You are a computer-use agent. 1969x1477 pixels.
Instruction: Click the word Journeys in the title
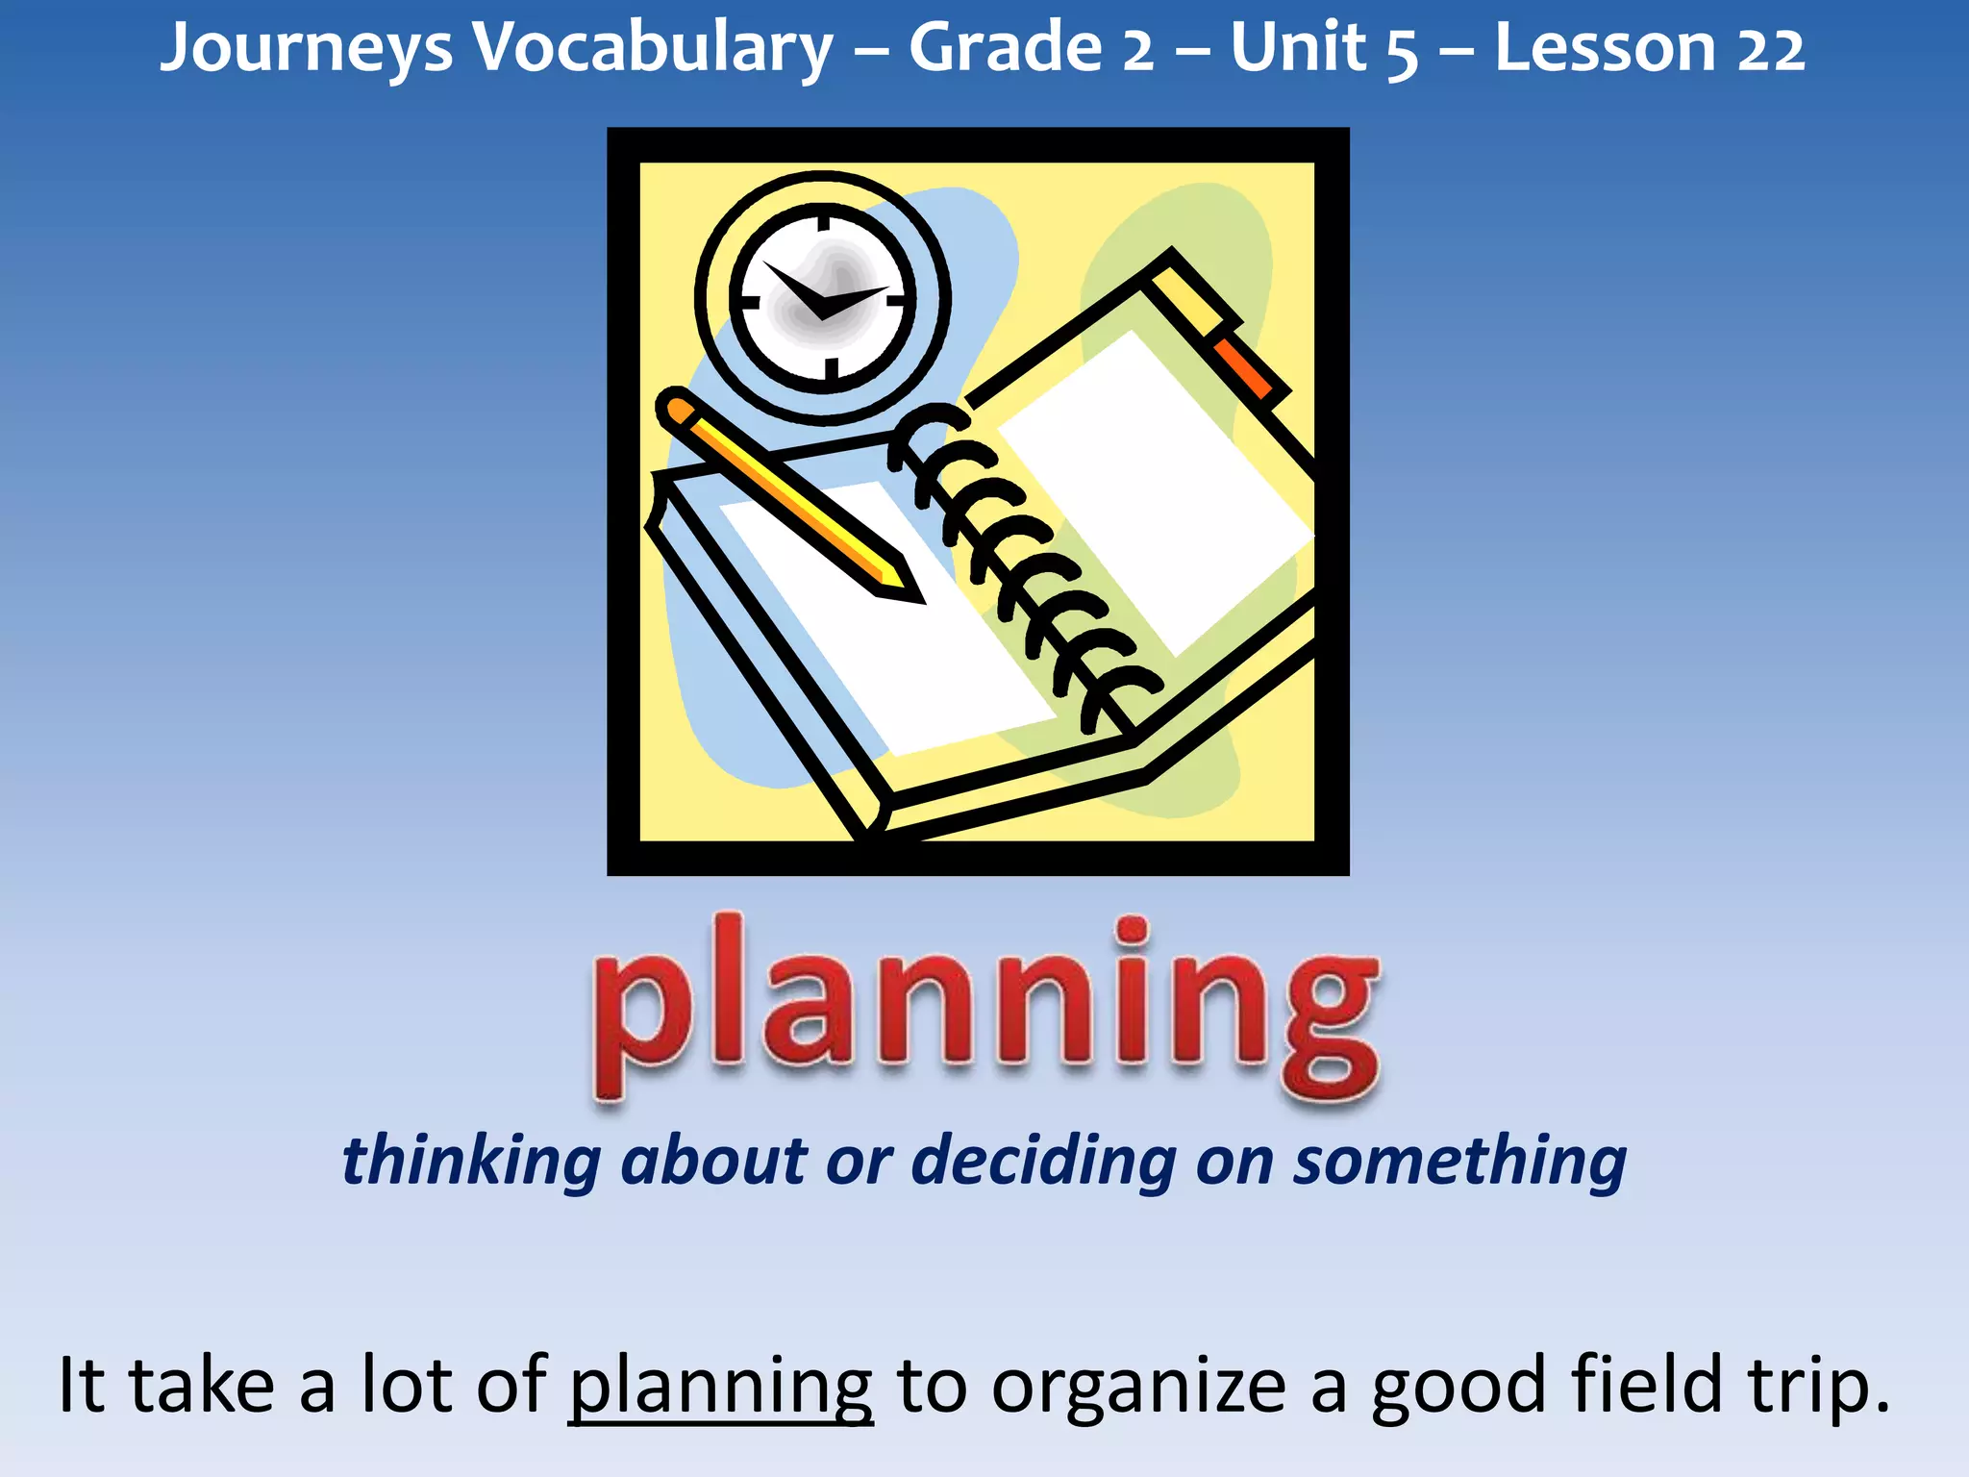point(306,48)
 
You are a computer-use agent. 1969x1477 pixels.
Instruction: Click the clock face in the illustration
point(823,298)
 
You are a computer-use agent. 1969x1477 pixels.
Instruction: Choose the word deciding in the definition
point(1043,1160)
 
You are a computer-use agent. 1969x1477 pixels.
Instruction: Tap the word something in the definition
point(1459,1160)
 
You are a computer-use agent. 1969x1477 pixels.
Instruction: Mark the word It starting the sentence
point(81,1385)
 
